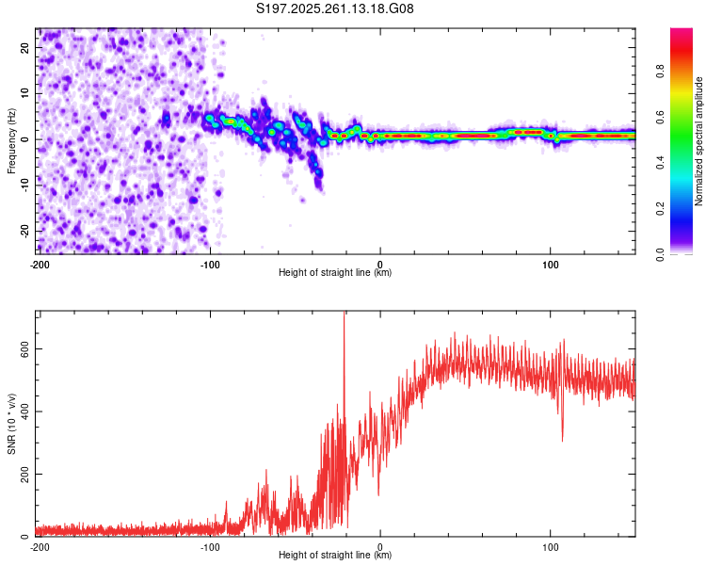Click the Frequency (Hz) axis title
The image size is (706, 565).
[11, 141]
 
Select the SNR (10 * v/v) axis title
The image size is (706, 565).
[11, 424]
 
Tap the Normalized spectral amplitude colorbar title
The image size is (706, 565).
[699, 141]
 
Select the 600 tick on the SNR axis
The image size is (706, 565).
[23, 348]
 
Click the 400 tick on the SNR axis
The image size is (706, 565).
[23, 412]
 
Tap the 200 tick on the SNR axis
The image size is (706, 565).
[23, 474]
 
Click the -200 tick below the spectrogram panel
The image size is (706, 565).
[40, 264]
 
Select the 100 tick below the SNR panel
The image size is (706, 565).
[551, 546]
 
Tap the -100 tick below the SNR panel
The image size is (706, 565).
[210, 546]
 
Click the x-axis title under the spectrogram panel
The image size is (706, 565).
[335, 273]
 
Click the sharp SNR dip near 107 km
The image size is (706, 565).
[563, 439]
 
